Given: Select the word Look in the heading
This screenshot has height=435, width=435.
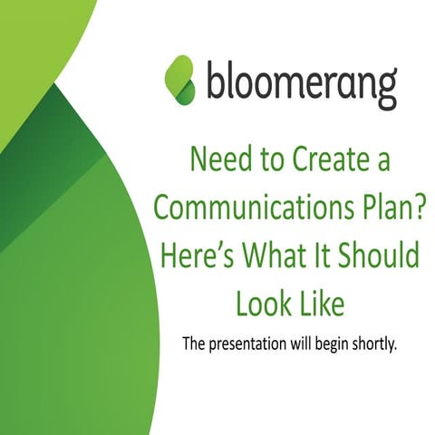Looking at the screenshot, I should point(262,303).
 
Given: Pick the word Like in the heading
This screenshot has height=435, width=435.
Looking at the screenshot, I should point(321,303).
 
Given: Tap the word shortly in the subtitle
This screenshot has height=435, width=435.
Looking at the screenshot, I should point(375,343).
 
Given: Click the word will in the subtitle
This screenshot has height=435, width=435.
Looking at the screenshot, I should point(295,343).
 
